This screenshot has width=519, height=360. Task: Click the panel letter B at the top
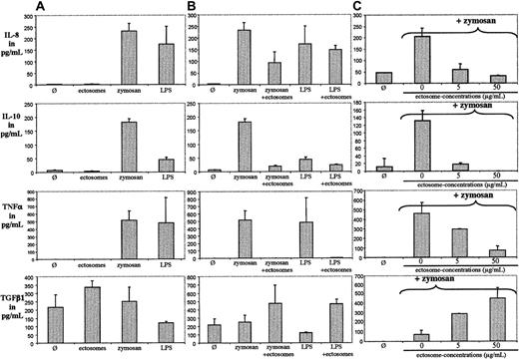[203, 8]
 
